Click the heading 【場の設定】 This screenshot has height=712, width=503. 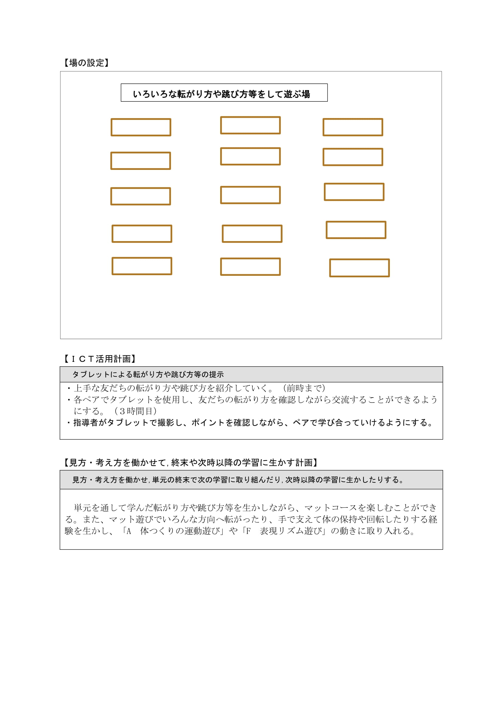click(86, 63)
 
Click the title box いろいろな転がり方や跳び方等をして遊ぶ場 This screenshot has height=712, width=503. click(224, 93)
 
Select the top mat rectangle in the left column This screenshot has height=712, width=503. click(141, 127)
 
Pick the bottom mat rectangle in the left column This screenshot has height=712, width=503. click(142, 266)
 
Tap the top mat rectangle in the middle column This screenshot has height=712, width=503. click(250, 125)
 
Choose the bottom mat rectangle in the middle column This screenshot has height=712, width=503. click(250, 267)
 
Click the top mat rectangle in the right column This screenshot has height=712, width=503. click(353, 127)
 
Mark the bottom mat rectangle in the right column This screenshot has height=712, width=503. click(359, 268)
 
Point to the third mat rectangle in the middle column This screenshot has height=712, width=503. click(250, 195)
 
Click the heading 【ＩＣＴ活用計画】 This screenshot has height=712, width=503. click(100, 359)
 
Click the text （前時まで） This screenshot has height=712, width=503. click(304, 388)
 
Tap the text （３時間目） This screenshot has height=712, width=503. click(135, 411)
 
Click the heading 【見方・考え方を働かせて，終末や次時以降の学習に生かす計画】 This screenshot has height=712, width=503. click(190, 463)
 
